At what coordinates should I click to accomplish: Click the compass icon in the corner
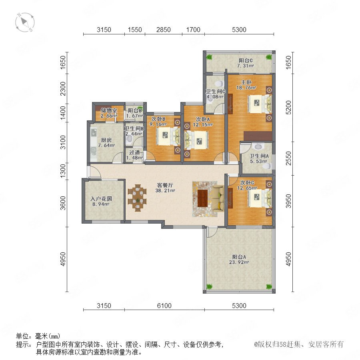point(25,22)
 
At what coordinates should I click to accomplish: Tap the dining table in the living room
point(137,198)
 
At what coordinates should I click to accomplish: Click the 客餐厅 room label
point(165,185)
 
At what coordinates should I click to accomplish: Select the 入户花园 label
point(101,198)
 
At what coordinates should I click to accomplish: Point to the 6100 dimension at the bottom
point(164,306)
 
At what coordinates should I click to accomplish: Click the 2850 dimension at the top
point(164,30)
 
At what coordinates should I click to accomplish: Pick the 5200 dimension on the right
point(288,108)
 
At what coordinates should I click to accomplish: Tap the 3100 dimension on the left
point(63,142)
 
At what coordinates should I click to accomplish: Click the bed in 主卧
point(260,104)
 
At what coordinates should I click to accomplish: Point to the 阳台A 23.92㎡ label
point(239,260)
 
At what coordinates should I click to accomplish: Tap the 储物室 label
point(109,110)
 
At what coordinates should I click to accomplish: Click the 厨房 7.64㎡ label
point(106,142)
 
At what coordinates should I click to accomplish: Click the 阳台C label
point(246,60)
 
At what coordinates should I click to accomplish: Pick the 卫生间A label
point(259,156)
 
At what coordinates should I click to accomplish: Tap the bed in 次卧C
point(260,198)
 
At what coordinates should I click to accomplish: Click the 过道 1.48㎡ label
point(134,155)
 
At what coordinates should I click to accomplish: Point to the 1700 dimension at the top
point(193,30)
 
